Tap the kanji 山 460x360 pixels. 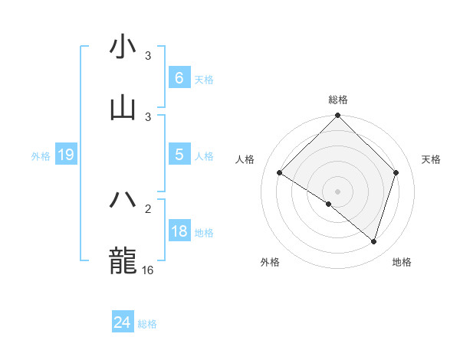point(123,108)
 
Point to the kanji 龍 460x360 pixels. point(123,260)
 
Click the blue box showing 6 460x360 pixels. point(179,77)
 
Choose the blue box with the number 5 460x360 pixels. point(179,154)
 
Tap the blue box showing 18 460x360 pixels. point(179,231)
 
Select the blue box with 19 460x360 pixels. point(65,155)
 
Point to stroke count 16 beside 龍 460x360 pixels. point(148,270)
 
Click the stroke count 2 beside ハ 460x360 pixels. point(148,208)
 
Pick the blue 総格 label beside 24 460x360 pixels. point(147,324)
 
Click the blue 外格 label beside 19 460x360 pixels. point(41,155)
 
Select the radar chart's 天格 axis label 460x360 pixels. point(431,159)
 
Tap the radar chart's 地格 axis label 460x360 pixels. point(402,262)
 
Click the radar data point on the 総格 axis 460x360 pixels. point(337,116)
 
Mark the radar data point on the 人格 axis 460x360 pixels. point(280,173)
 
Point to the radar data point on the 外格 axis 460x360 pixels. point(329,204)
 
